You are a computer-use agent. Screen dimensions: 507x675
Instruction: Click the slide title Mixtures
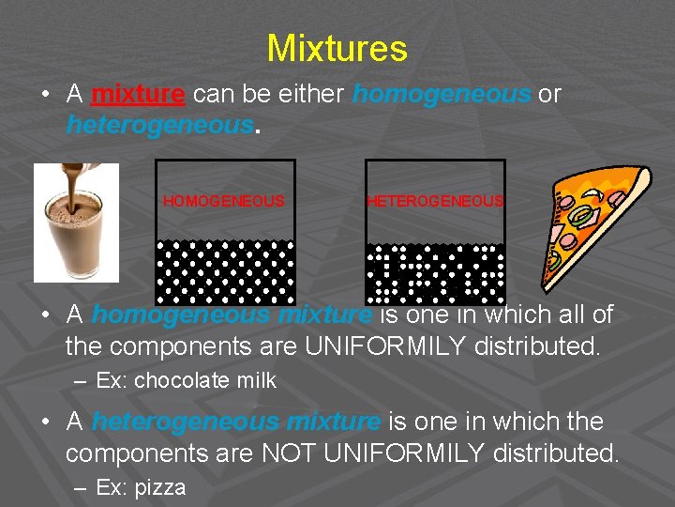tap(337, 48)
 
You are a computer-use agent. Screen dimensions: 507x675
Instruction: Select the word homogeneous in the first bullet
tap(441, 94)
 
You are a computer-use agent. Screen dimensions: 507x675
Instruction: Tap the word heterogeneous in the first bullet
tap(159, 125)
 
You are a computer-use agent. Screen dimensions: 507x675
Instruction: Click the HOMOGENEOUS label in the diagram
tap(224, 201)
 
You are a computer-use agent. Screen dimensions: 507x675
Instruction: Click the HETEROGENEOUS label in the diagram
tap(435, 201)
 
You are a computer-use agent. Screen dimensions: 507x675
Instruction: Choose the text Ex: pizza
tap(141, 487)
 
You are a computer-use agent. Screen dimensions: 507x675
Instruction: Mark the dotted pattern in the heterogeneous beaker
tap(435, 272)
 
